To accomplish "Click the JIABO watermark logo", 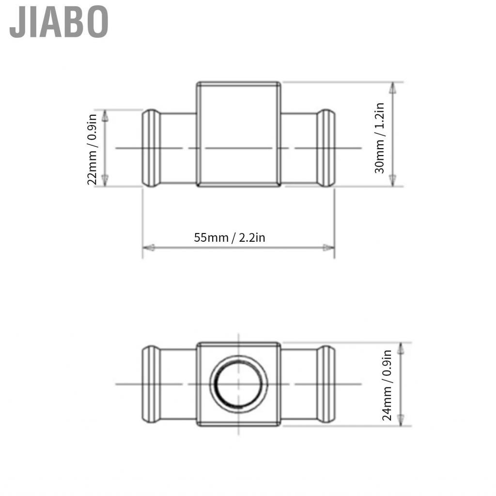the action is [x=59, y=22].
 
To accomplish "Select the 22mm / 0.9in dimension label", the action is [x=92, y=149].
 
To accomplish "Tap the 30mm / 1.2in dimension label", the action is [x=379, y=138].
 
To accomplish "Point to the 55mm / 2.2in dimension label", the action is [x=229, y=237].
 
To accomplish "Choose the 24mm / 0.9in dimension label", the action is [x=387, y=385].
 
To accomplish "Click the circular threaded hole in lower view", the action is [x=238, y=384].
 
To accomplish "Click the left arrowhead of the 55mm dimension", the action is [x=148, y=248].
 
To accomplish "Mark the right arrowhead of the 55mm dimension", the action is [x=329, y=248].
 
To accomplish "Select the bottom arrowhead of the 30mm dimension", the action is [x=392, y=180].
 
